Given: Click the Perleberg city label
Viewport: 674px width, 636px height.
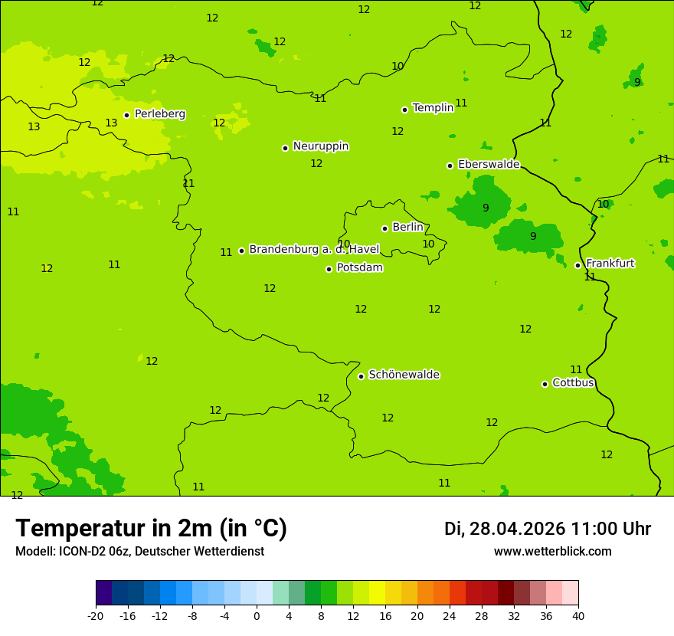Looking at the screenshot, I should (159, 114).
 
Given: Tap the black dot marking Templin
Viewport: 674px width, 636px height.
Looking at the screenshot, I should (404, 110).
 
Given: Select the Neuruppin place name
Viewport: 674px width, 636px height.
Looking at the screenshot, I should (320, 146).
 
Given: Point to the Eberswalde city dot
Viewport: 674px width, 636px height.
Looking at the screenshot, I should (450, 166).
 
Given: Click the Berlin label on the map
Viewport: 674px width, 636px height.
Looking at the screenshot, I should (407, 228).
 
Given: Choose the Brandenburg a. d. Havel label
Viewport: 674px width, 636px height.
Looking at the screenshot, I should (314, 249).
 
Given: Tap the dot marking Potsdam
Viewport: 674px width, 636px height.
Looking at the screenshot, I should (329, 269).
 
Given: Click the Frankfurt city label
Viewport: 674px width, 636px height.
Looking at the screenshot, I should (610, 264).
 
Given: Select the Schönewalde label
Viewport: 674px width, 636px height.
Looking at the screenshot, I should (404, 375).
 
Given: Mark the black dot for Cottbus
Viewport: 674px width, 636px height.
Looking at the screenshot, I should (545, 384).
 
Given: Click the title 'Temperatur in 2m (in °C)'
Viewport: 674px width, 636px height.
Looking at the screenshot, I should (151, 529).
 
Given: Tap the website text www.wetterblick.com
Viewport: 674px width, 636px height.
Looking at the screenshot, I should (552, 552).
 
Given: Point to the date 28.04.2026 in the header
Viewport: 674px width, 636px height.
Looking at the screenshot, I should (517, 529).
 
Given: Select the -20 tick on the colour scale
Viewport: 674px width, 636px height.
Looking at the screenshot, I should (96, 616).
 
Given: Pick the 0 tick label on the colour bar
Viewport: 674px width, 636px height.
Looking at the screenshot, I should (257, 616).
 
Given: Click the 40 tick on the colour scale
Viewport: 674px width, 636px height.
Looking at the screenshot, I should (578, 616).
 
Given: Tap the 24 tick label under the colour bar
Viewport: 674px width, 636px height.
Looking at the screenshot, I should (450, 616).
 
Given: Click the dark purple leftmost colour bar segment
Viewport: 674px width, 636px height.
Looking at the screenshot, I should (103, 593).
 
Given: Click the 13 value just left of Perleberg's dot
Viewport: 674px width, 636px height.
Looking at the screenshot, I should (111, 123).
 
